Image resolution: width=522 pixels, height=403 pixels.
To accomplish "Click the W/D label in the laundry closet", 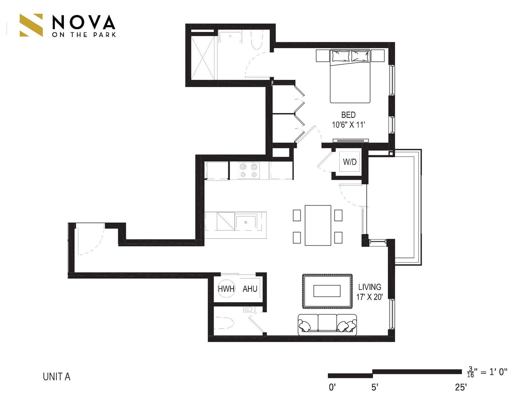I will (x=350, y=162).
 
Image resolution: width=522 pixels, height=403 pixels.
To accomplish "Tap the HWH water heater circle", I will (x=226, y=288).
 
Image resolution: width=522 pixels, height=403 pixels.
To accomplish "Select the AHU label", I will (x=250, y=288).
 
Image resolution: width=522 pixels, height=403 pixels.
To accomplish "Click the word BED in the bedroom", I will (x=348, y=115).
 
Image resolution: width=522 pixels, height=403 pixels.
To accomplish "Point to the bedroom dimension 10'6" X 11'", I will (x=348, y=125).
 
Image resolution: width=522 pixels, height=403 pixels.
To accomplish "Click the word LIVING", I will (x=370, y=287).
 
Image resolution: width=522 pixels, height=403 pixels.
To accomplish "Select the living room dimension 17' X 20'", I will (x=370, y=297).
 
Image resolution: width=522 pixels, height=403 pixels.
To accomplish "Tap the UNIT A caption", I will (x=56, y=377).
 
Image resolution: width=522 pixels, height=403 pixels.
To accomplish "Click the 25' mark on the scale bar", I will (x=461, y=387).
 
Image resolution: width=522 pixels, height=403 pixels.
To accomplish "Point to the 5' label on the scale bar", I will (x=375, y=387).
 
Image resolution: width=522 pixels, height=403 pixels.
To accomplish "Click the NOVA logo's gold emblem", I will (x=31, y=25).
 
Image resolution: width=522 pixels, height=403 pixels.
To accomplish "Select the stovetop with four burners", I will (x=249, y=171).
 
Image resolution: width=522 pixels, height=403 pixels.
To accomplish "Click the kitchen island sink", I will (x=246, y=222).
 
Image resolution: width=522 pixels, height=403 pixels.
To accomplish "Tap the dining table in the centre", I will (x=318, y=225).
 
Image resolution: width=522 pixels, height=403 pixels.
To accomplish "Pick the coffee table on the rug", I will (x=327, y=291).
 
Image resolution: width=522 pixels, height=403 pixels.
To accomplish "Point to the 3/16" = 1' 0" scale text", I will (x=487, y=372).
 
